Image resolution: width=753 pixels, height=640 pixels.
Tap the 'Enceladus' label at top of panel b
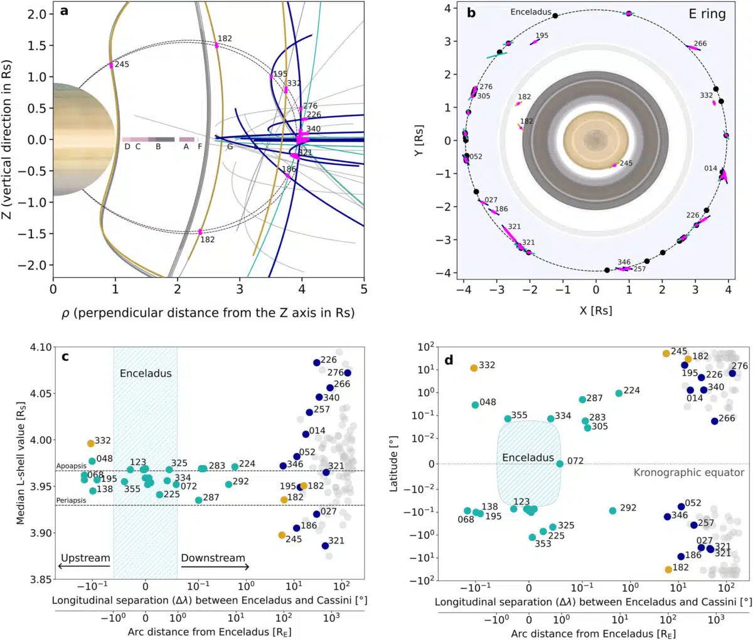530,12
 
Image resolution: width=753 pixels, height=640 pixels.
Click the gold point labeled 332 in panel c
91,443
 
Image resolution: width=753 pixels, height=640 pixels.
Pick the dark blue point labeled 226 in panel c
317,362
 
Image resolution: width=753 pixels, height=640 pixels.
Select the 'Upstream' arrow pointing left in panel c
84,567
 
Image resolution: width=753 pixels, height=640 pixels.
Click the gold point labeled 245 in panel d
666,354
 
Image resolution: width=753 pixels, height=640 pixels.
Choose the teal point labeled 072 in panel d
560,464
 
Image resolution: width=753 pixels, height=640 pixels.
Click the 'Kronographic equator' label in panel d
688,472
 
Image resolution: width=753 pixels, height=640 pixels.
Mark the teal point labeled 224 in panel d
619,393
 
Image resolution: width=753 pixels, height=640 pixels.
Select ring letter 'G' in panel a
230,147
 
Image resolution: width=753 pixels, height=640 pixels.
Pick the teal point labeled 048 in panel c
92,461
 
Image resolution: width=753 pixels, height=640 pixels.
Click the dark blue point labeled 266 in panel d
715,421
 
